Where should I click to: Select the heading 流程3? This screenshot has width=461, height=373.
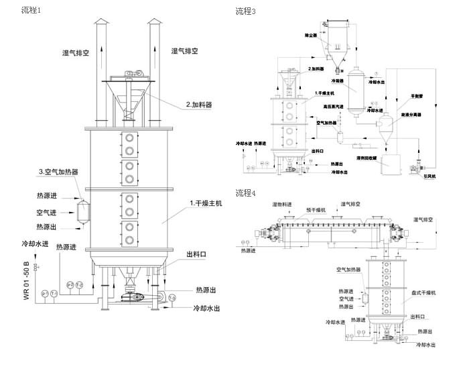pyautogui.click(x=245, y=11)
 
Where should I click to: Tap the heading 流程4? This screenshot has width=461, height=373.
pyautogui.click(x=245, y=193)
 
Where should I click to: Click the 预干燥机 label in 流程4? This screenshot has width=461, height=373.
pyautogui.click(x=316, y=210)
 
